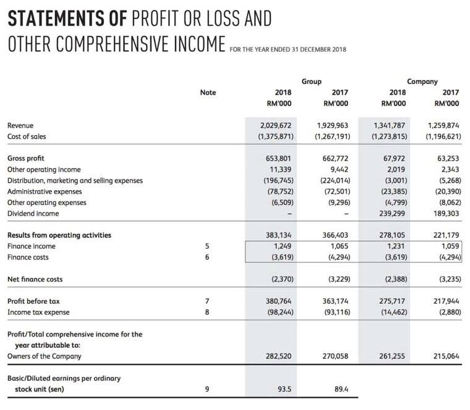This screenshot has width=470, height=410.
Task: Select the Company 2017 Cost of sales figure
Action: [x=443, y=136]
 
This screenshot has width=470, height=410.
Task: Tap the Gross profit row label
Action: [x=25, y=158]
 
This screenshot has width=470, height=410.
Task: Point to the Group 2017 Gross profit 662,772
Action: [x=336, y=158]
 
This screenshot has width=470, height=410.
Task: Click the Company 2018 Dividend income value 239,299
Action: [x=391, y=214]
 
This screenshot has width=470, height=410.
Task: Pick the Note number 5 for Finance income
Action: [x=208, y=246]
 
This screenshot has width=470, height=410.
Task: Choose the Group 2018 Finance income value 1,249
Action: [x=281, y=246]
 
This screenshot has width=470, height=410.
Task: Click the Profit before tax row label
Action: [x=33, y=301]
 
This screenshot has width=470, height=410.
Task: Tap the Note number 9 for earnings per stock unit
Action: [x=208, y=389]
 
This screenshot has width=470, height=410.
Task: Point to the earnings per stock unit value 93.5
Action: [x=284, y=389]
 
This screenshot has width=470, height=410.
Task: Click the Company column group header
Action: [x=422, y=81]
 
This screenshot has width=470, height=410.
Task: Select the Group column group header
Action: [x=311, y=81]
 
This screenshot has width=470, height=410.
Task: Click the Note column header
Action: [x=208, y=92]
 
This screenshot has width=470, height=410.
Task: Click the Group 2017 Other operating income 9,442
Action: [x=339, y=169]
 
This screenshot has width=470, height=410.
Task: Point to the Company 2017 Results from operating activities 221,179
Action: [x=443, y=235]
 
